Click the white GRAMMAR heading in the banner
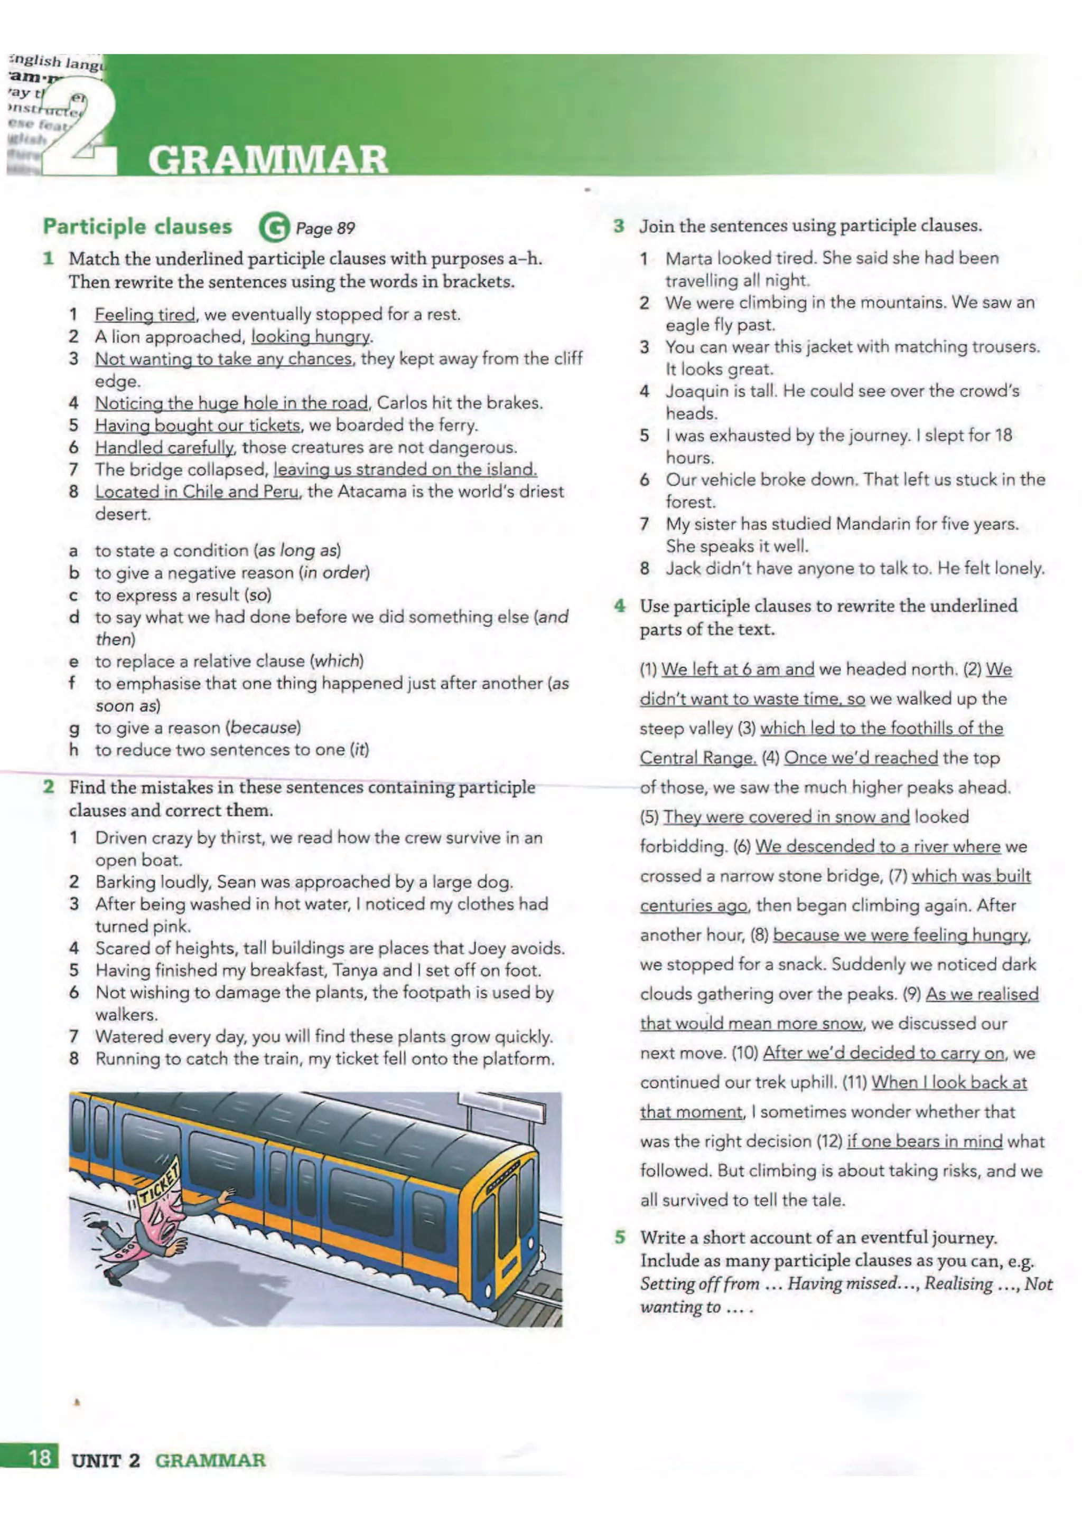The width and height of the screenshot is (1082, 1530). (267, 160)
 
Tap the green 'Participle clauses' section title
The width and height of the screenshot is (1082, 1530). (137, 226)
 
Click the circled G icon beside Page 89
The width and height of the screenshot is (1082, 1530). (273, 228)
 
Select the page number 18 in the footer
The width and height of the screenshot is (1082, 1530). (39, 1457)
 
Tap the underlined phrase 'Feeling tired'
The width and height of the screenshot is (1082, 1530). (145, 315)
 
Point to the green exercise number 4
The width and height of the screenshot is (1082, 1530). (620, 606)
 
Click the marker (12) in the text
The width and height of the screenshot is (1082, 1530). (829, 1141)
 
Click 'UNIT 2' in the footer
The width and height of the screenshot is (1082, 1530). (106, 1460)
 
